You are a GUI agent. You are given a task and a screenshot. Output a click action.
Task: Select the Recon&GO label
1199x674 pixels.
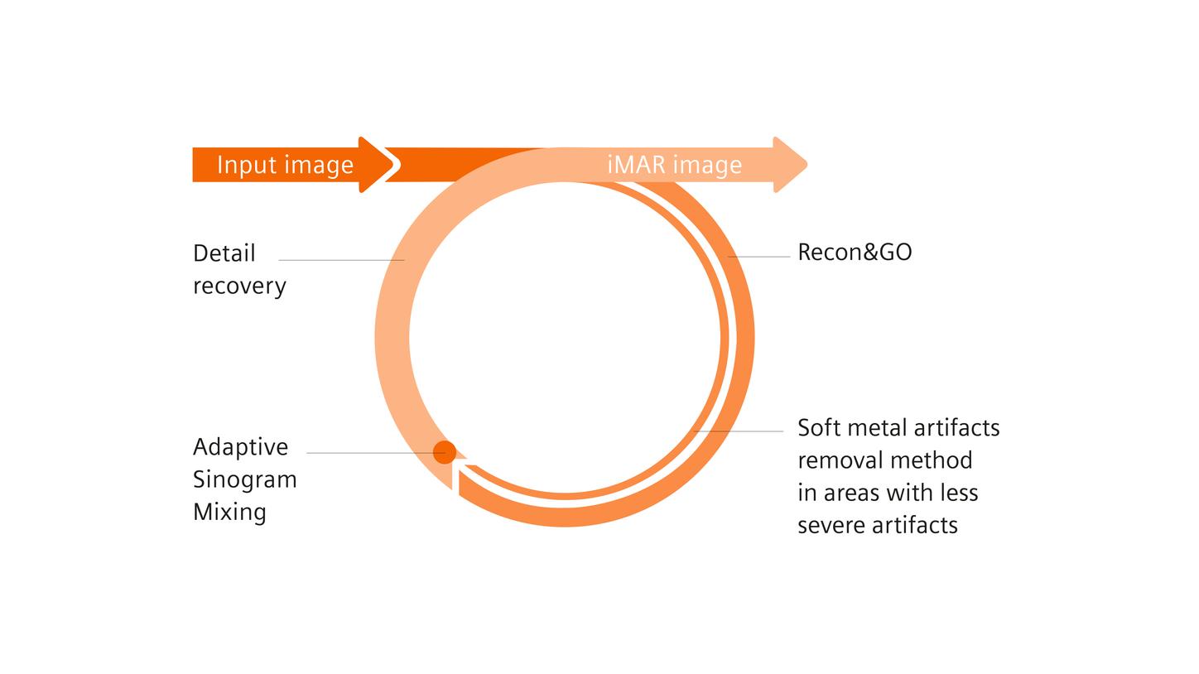tap(855, 253)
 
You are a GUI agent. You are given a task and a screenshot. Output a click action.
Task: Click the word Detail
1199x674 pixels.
tap(224, 253)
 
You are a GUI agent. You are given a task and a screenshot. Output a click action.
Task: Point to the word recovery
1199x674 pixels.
tap(239, 286)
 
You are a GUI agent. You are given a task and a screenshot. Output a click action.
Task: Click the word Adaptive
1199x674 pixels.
tap(240, 447)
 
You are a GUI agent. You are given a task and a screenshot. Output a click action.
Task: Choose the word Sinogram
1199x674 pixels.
tap(244, 479)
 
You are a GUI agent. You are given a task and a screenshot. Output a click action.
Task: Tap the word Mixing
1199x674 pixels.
tap(229, 512)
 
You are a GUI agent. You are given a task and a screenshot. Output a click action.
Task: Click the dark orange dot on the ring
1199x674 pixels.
tap(445, 452)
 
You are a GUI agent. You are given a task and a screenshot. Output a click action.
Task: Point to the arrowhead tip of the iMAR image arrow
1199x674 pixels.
tap(807, 164)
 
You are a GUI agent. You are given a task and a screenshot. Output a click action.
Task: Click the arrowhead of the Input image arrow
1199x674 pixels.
tap(378, 164)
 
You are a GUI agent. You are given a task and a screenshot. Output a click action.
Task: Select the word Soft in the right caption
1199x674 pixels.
tap(820, 428)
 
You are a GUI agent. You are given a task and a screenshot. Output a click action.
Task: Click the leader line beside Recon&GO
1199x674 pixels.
tap(758, 257)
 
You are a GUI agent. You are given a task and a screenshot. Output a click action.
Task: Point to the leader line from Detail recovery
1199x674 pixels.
tap(341, 260)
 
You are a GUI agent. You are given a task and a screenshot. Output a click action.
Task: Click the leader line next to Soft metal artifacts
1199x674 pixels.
tap(738, 431)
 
